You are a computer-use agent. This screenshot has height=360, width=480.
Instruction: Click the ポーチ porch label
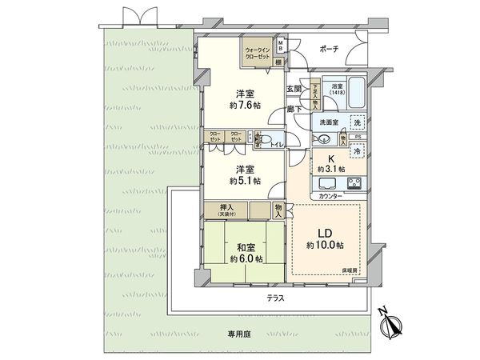tap(329, 49)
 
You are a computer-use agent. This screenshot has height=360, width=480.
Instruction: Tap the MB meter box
tap(280, 45)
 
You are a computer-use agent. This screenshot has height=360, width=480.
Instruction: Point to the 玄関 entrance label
tap(294, 89)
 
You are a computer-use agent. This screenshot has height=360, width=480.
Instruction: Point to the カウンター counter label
tap(332, 197)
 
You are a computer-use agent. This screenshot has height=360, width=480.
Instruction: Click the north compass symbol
tap(390, 326)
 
